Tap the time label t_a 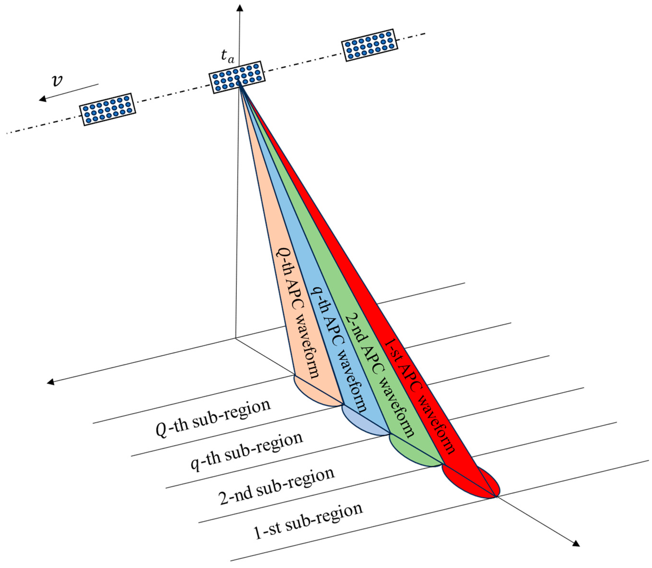227,56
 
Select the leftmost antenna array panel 107,110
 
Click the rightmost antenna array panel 369,45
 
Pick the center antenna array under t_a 237,77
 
